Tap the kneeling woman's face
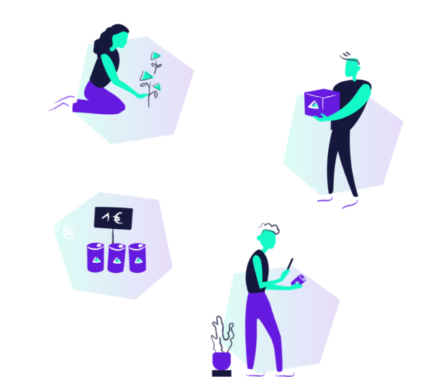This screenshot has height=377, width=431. pyautogui.click(x=120, y=41)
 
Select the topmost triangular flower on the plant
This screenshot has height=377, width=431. pyautogui.click(x=155, y=56)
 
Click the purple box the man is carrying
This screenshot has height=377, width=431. pyautogui.click(x=322, y=103)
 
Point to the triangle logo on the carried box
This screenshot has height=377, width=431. pyautogui.click(x=313, y=105)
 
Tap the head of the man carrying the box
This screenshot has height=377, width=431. pyautogui.click(x=352, y=68)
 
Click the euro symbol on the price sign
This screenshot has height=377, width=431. pyautogui.click(x=118, y=219)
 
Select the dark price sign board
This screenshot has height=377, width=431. pyautogui.click(x=113, y=218)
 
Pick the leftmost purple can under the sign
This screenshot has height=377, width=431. pyautogui.click(x=96, y=257)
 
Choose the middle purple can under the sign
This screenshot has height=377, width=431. pyautogui.click(x=117, y=259)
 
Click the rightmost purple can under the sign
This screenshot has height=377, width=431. pyautogui.click(x=137, y=258)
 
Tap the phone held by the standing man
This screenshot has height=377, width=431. pyautogui.click(x=290, y=264)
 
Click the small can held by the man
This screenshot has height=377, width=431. pyautogui.click(x=298, y=280)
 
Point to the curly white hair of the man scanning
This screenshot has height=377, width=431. pyautogui.click(x=269, y=228)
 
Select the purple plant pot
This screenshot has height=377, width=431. pyautogui.click(x=222, y=360)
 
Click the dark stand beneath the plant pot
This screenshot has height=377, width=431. pyautogui.click(x=222, y=373)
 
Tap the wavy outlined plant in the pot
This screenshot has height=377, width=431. pyautogui.click(x=222, y=335)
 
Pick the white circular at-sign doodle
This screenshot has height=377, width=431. pyautogui.click(x=69, y=232)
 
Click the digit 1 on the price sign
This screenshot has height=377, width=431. pyautogui.click(x=106, y=218)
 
